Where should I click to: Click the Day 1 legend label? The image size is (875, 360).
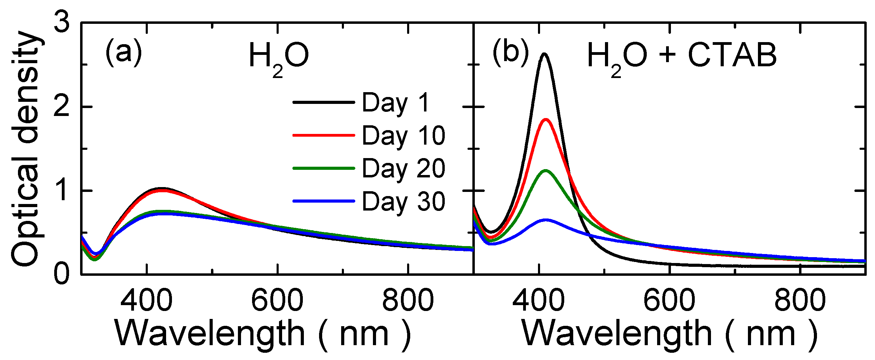[396, 103]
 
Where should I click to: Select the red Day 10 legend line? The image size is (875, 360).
[324, 135]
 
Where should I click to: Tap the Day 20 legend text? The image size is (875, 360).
[403, 169]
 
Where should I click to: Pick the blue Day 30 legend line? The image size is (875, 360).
[324, 201]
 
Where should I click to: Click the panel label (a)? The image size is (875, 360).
[124, 52]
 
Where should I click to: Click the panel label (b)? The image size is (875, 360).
[510, 52]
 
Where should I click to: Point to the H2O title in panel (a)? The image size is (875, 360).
[278, 57]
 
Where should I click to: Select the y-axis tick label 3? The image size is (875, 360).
[62, 23]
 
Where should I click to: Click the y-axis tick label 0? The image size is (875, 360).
[62, 274]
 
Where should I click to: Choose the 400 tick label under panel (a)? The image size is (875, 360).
[146, 300]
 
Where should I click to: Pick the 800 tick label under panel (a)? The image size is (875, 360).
[408, 300]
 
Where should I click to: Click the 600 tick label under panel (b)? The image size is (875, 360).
[669, 300]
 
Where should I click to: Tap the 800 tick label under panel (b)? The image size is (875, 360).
[800, 300]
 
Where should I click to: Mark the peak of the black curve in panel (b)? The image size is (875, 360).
[545, 54]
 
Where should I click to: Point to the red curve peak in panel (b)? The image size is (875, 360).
[546, 119]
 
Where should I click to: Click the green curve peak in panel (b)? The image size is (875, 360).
[546, 171]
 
